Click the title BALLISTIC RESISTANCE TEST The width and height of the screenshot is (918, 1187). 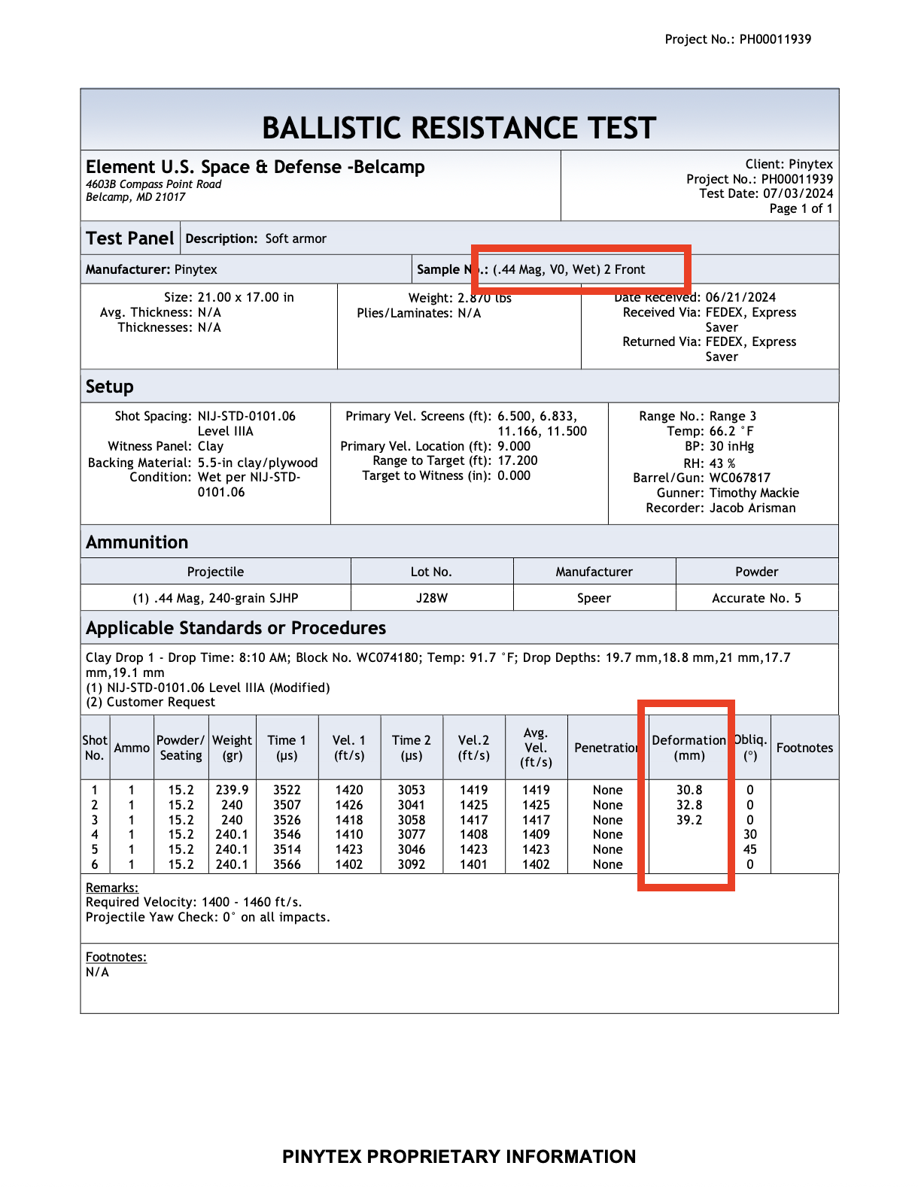point(459,129)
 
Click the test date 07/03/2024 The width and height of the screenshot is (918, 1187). point(798,193)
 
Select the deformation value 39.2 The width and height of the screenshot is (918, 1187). point(689,820)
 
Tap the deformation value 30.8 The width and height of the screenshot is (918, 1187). point(689,790)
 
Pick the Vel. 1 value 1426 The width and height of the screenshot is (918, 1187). point(349,805)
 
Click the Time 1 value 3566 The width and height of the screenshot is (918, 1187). point(287,864)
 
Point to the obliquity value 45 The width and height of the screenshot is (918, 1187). point(750,849)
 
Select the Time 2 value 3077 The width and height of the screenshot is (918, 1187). point(412,834)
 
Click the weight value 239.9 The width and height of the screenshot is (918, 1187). point(232,790)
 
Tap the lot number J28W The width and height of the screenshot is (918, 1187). point(432,598)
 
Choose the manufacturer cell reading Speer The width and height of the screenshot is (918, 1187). point(594,598)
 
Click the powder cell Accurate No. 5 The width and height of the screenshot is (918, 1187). point(756,598)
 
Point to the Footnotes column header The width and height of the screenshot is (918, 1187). point(804,748)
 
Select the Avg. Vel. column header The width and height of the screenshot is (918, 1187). point(536,747)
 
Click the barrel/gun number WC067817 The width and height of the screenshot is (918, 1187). point(740,478)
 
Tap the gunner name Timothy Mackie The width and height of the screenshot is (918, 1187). point(754,493)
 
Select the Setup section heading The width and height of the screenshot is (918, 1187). point(110,387)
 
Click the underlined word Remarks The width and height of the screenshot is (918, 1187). point(111,888)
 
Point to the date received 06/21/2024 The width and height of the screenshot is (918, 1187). point(740,297)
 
